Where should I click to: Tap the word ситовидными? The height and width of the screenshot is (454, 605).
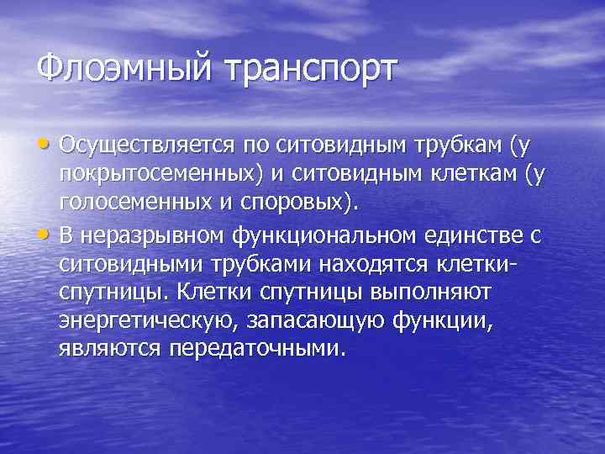[135, 267]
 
